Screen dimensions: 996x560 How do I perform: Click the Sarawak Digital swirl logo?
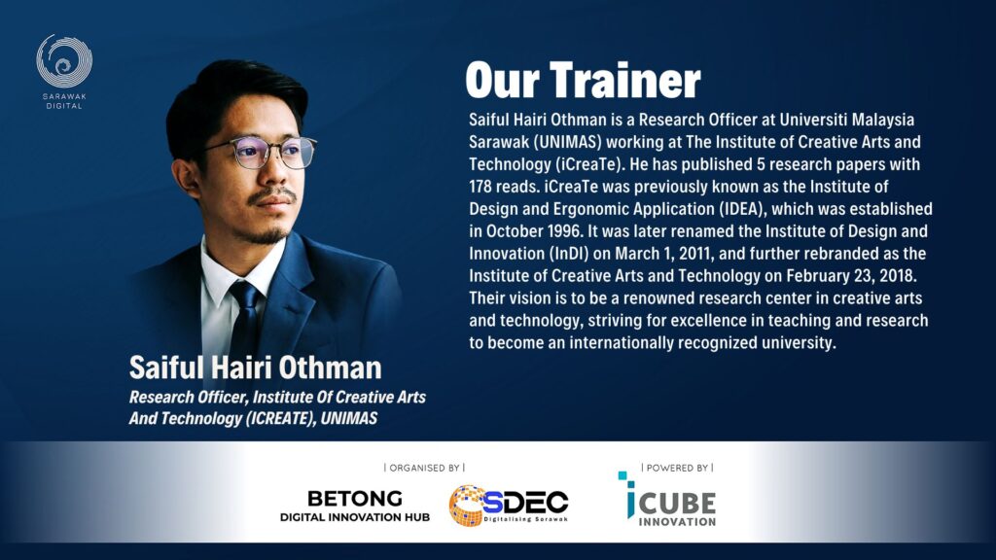(64, 61)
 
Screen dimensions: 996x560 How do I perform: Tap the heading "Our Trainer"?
(583, 80)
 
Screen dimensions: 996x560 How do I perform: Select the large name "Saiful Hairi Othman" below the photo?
(256, 367)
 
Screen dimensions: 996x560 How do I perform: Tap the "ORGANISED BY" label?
(424, 468)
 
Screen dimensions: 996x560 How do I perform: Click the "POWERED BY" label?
(677, 468)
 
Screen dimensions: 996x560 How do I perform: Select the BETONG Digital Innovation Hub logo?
(355, 506)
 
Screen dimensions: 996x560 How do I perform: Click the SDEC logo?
(508, 506)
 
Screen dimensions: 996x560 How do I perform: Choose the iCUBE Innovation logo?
(667, 500)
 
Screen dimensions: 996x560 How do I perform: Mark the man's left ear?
(185, 177)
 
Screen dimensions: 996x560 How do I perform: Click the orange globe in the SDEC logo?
(466, 506)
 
